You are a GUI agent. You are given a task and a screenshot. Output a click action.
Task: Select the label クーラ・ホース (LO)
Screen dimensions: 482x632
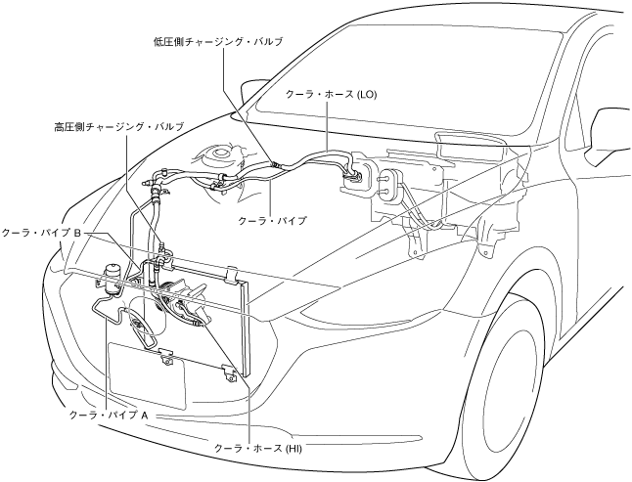[x=331, y=95]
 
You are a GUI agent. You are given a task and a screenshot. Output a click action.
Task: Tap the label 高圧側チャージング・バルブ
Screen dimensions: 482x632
[x=118, y=127]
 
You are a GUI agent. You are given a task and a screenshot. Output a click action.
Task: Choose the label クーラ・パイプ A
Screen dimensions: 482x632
[x=110, y=415]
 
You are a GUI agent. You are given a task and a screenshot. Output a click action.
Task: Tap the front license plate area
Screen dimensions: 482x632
[x=147, y=376]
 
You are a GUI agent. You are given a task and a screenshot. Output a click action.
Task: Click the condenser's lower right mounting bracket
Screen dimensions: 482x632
[x=231, y=372]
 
